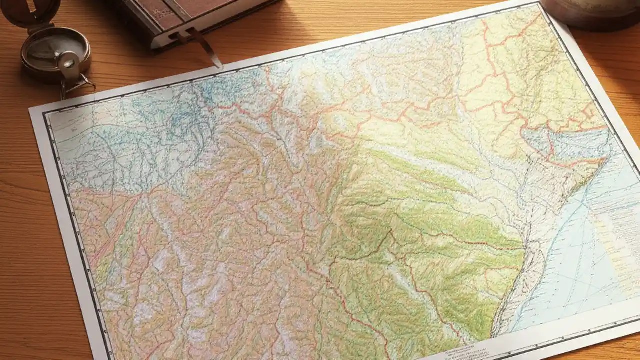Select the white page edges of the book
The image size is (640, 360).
coord(210,22)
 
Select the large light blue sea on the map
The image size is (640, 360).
coord(565,260)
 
